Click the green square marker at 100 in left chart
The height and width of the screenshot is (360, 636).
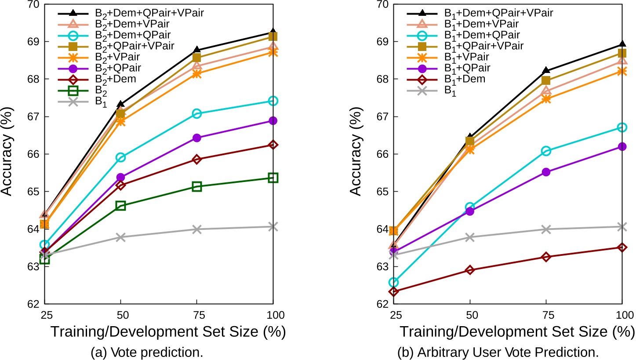[273, 178]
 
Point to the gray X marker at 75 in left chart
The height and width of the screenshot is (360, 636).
[197, 229]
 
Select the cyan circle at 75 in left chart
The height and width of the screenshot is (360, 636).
[197, 113]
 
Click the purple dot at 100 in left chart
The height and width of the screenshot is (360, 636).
[273, 120]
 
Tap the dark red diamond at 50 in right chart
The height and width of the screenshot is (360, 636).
[470, 270]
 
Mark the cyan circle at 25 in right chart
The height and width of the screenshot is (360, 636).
[393, 282]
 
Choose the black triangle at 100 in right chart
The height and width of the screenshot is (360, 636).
[622, 44]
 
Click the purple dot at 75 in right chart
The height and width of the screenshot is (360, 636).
[546, 172]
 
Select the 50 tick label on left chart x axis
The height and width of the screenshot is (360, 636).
[120, 315]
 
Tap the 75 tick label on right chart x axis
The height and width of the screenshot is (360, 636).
[546, 315]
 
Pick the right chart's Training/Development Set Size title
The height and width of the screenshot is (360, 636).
[517, 332]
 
